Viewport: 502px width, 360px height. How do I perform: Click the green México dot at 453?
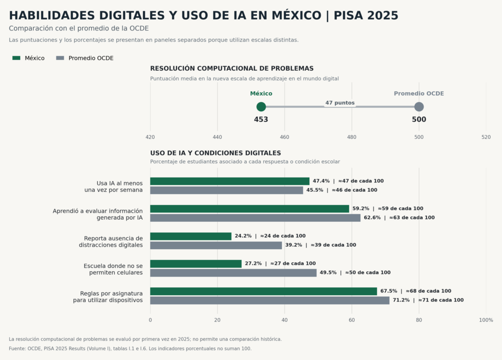pos(261,106)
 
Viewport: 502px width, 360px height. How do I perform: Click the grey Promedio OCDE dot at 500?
pos(419,106)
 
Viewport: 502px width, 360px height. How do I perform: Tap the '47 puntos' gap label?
pos(340,103)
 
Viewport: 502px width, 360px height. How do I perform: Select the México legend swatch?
pos(16,58)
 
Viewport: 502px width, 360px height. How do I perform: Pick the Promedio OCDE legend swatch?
pos(60,58)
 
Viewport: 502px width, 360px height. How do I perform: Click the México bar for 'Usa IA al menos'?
pos(230,181)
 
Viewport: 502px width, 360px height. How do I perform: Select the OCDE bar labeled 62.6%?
pos(255,218)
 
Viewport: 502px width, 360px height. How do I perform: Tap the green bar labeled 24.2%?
pos(191,236)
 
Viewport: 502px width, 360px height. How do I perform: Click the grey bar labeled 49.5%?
pos(233,273)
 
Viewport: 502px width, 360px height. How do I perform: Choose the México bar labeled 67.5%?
pos(263,291)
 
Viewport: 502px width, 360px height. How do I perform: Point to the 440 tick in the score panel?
pos(217,137)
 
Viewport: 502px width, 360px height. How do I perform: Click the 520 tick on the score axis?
pos(486,137)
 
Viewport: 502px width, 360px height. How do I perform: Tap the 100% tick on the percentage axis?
pos(486,320)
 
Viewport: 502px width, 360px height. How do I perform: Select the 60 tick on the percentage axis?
pos(351,320)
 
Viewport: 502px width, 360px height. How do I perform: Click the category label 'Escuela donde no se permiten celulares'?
pos(113,269)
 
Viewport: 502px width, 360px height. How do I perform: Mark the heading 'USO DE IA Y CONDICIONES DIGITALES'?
pos(216,153)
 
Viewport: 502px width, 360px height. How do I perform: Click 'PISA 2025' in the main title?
pos(366,15)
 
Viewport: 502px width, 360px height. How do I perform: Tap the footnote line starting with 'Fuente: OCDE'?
pos(130,348)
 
